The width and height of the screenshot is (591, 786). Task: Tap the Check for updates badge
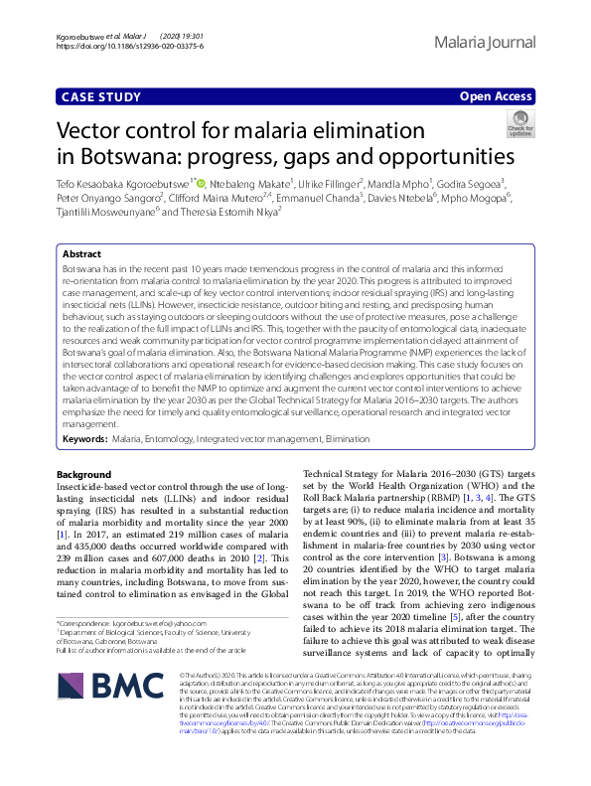pos(519,123)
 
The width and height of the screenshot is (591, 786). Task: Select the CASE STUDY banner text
pos(99,96)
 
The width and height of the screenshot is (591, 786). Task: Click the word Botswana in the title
pos(117,157)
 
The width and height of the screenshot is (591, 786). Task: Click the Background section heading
pos(84,474)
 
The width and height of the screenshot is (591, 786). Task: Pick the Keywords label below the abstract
pos(84,437)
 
